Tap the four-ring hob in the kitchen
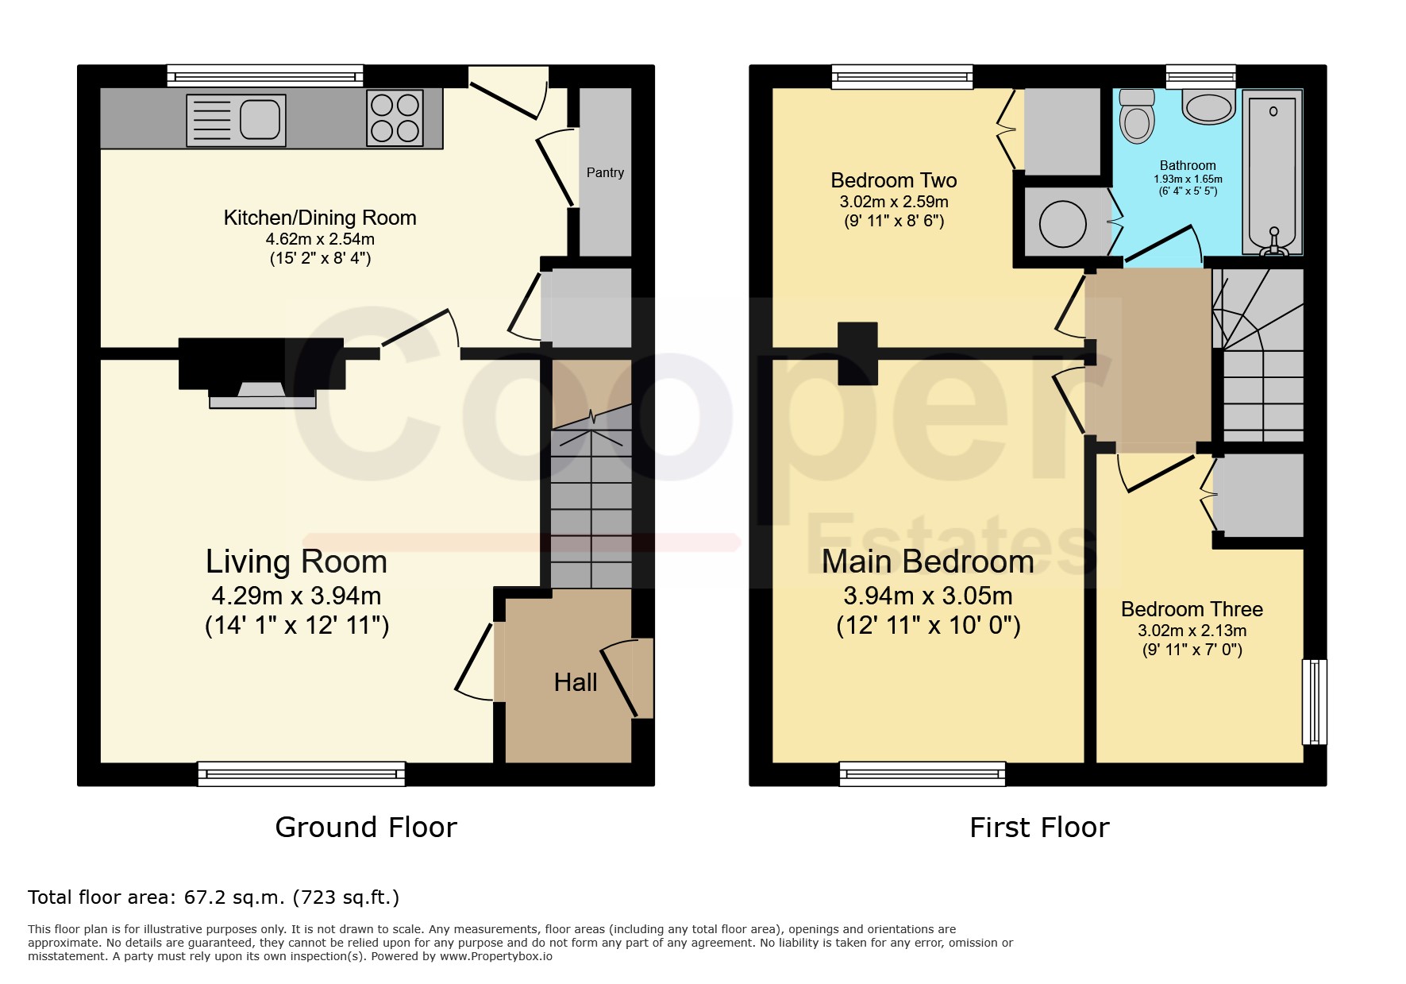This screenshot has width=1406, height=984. pyautogui.click(x=395, y=118)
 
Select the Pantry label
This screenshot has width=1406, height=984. pyautogui.click(x=605, y=172)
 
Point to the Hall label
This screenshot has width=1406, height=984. pyautogui.click(x=576, y=682)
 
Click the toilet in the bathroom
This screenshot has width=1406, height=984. pyautogui.click(x=1137, y=115)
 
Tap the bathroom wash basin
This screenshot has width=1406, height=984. pyautogui.click(x=1208, y=106)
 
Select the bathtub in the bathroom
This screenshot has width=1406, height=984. pyautogui.click(x=1273, y=172)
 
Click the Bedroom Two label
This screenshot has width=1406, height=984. pyautogui.click(x=894, y=180)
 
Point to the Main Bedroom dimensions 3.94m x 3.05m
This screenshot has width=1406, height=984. pyautogui.click(x=928, y=596)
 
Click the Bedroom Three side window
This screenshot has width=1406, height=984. pyautogui.click(x=1315, y=701)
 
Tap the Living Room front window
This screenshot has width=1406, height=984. pyautogui.click(x=302, y=774)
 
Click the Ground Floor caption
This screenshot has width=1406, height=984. pyautogui.click(x=366, y=828)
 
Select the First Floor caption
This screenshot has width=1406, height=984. pyautogui.click(x=1039, y=828)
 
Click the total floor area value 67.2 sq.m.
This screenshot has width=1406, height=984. pyautogui.click(x=234, y=897)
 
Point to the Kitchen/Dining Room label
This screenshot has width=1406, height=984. pyautogui.click(x=320, y=218)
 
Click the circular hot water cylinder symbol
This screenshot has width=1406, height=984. pyautogui.click(x=1062, y=223)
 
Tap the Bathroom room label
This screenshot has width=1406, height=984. pyautogui.click(x=1188, y=165)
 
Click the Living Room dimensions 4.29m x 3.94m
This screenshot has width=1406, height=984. pyautogui.click(x=296, y=596)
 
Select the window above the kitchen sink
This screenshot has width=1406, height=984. pyautogui.click(x=265, y=76)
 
